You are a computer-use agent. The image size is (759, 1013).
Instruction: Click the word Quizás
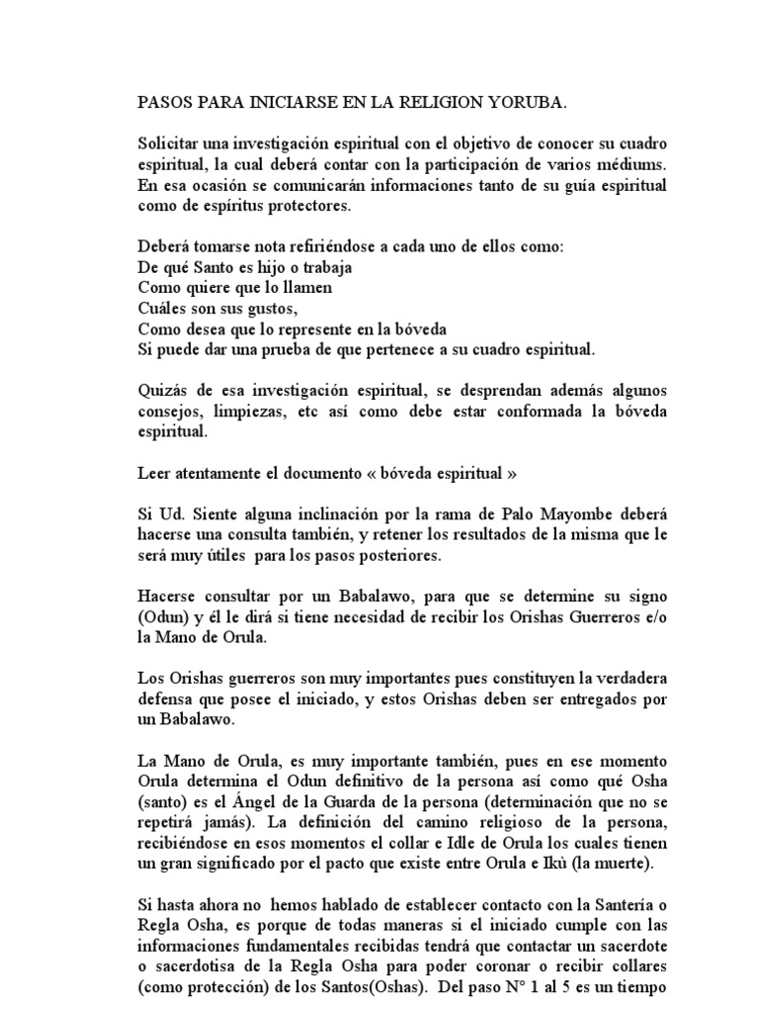[162, 392]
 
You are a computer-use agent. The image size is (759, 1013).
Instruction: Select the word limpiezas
[245, 413]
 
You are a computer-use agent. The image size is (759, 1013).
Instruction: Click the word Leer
[153, 475]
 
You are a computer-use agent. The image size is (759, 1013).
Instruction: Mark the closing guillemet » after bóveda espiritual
[512, 475]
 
